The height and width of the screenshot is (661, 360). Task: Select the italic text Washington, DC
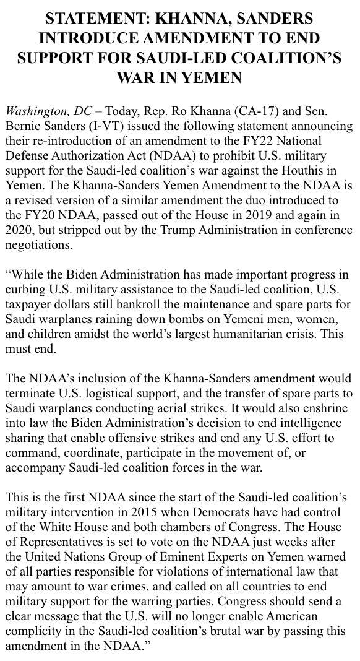(48, 112)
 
